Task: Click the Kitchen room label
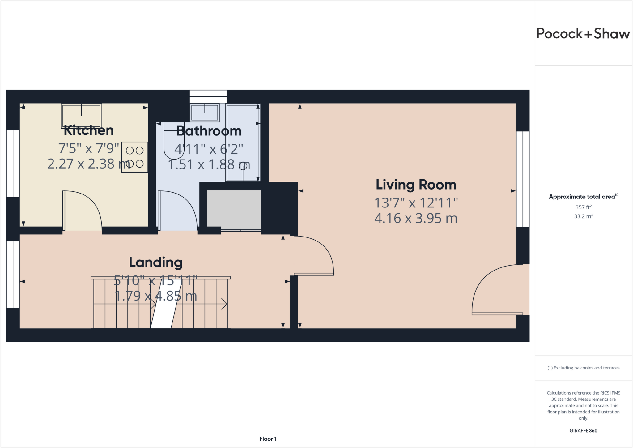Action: click(x=89, y=130)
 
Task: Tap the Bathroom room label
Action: click(x=209, y=131)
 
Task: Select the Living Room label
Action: click(x=416, y=185)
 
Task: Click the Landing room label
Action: click(x=155, y=262)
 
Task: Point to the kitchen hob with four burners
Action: click(x=134, y=157)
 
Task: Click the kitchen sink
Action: click(x=82, y=116)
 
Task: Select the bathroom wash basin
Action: click(x=205, y=113)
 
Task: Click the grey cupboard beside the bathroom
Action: click(x=234, y=209)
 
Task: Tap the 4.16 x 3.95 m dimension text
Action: click(x=416, y=219)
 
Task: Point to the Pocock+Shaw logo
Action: click(x=583, y=33)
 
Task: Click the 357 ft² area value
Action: click(x=583, y=207)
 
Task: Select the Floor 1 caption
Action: click(x=268, y=439)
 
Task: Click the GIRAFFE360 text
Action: click(x=583, y=431)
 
